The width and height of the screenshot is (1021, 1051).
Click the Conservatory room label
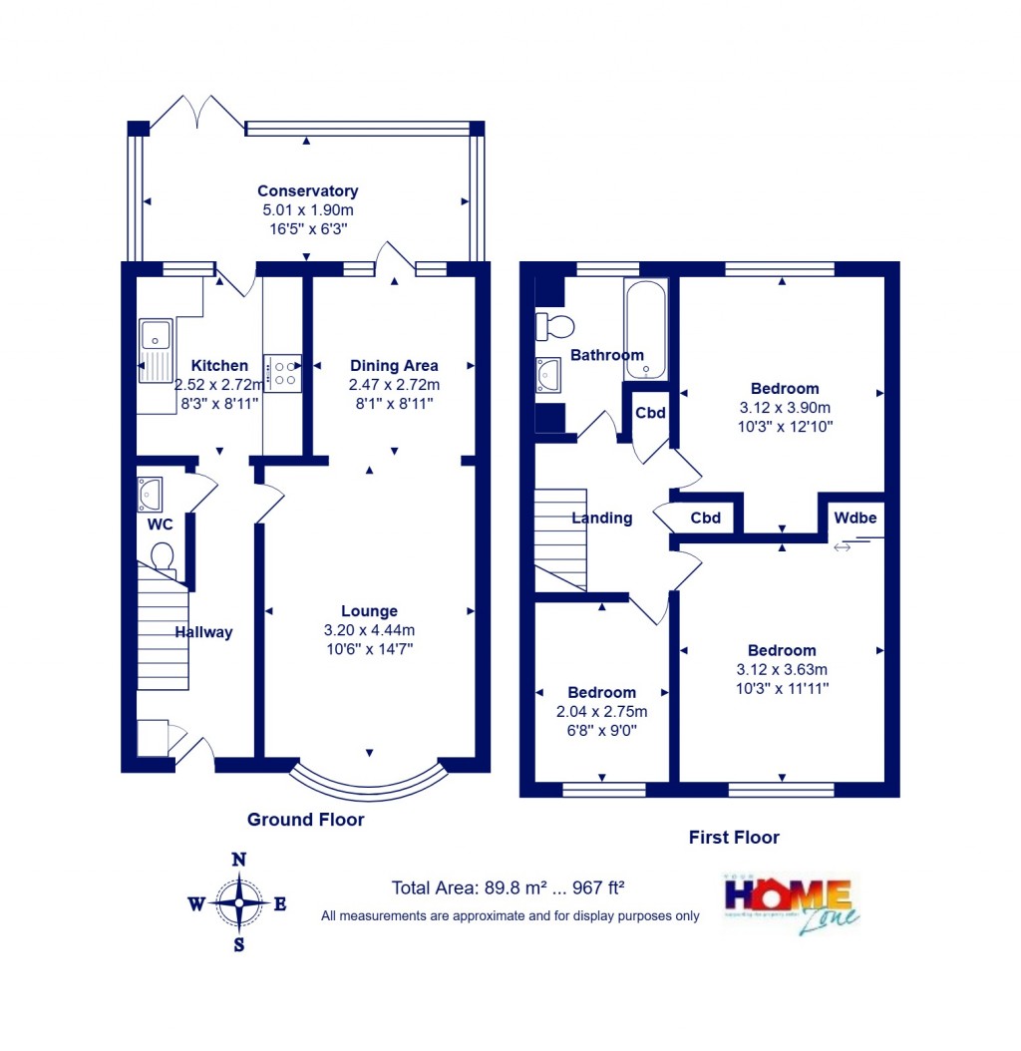click(x=307, y=190)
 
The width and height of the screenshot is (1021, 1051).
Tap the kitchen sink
click(x=156, y=350)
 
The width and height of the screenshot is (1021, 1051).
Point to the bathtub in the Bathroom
click(x=646, y=329)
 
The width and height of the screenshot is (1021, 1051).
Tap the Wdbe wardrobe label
click(x=854, y=519)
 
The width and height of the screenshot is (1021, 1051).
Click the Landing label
click(x=601, y=518)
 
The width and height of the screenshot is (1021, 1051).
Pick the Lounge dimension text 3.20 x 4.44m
click(x=369, y=630)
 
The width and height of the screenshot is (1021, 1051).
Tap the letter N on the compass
click(x=238, y=860)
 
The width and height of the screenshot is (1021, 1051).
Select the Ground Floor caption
click(x=305, y=820)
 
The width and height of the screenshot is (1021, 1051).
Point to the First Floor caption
click(x=734, y=838)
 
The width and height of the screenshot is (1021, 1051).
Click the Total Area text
click(x=510, y=887)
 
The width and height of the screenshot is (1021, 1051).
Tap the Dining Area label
click(x=394, y=365)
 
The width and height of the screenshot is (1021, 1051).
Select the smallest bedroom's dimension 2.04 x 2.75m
click(x=601, y=712)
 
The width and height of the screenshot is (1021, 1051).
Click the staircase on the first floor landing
click(x=559, y=538)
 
